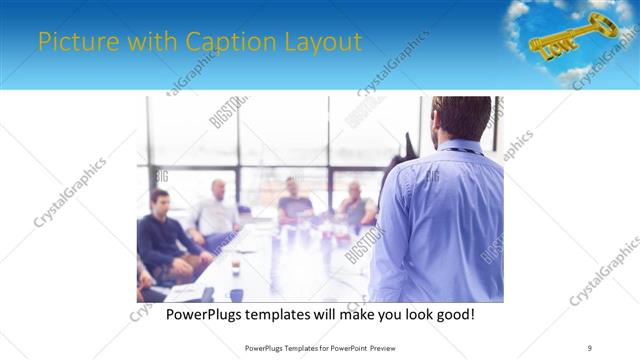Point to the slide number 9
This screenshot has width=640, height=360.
(589, 348)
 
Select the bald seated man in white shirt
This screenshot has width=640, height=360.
(217, 210)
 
